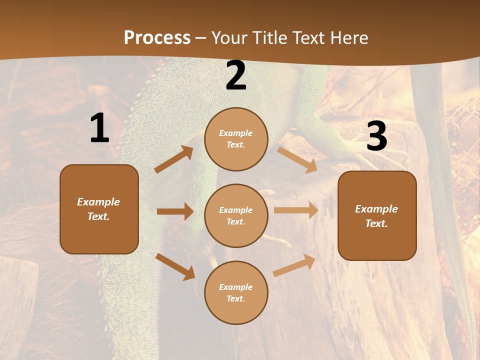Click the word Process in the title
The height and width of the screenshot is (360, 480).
tap(157, 37)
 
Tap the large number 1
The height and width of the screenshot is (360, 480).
tap(99, 129)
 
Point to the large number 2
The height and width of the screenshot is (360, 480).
tap(236, 75)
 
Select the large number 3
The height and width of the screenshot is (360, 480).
tap(376, 136)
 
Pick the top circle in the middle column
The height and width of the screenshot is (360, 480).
tap(236, 139)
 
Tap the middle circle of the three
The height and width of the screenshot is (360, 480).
tap(236, 216)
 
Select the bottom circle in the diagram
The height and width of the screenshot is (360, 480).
tap(236, 293)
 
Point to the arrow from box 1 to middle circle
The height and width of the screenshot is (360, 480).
tap(175, 211)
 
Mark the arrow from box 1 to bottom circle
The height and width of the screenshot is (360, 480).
tap(175, 266)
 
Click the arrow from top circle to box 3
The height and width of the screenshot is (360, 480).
tap(297, 159)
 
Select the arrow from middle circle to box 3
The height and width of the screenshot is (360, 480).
tap(296, 210)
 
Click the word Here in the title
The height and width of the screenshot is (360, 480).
tap(349, 37)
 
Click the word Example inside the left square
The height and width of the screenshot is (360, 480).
tap(98, 202)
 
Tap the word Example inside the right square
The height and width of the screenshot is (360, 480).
tap(376, 209)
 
